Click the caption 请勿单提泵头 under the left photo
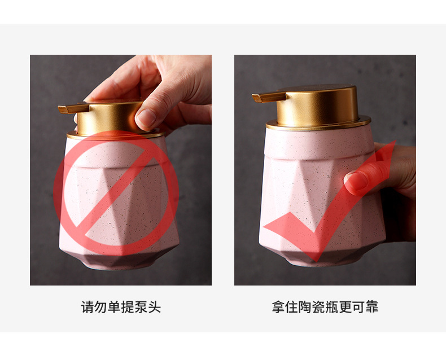[121, 308]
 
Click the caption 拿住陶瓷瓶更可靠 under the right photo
[325, 308]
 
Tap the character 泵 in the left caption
[141, 308]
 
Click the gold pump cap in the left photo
[110, 117]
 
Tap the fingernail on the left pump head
[145, 117]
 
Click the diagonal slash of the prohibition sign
[116, 192]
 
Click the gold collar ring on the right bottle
[319, 125]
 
